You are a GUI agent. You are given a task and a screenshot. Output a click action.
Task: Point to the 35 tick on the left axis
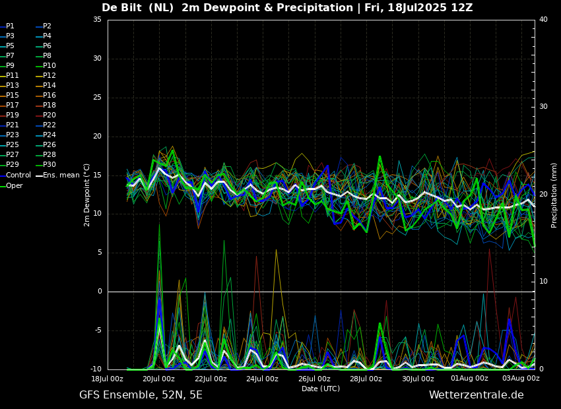pyautogui.click(x=97, y=20)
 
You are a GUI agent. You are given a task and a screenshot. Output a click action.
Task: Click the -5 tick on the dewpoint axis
pyautogui.click(x=97, y=330)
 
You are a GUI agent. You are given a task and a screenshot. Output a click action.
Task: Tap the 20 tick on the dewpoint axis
pyautogui.click(x=97, y=136)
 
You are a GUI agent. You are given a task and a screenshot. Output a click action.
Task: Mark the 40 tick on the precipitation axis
pyautogui.click(x=543, y=20)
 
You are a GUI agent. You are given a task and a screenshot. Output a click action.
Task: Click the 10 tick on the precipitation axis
pyautogui.click(x=543, y=282)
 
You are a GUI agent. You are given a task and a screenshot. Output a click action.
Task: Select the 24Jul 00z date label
pyautogui.click(x=262, y=379)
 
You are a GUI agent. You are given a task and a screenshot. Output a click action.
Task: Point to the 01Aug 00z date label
pyautogui.click(x=469, y=379)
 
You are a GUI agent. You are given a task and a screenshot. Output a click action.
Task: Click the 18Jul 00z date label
pyautogui.click(x=108, y=379)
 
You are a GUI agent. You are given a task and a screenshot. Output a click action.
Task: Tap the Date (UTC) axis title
pyautogui.click(x=321, y=389)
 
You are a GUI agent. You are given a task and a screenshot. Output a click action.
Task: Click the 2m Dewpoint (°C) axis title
pyautogui.click(x=87, y=195)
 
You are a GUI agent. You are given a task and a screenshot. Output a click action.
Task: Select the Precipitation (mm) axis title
pyautogui.click(x=554, y=195)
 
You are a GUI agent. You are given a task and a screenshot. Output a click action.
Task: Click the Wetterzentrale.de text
pyautogui.click(x=477, y=395)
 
